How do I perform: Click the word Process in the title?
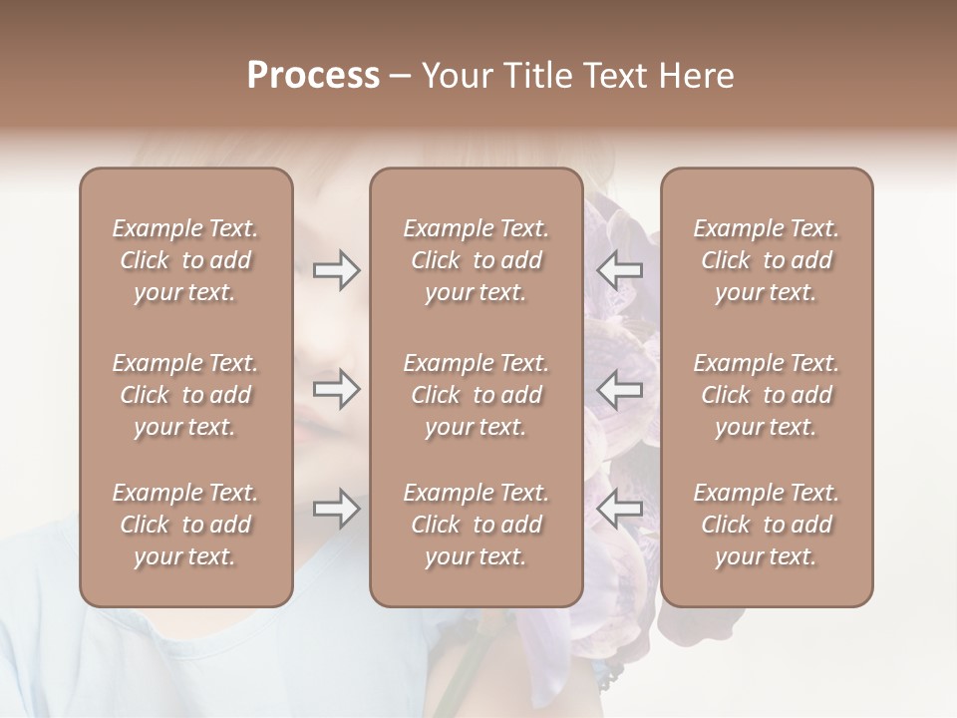coord(313,76)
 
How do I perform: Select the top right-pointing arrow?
coord(336,269)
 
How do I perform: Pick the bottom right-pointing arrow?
coord(336,509)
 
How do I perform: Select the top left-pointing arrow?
coord(620,269)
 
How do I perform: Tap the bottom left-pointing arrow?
coord(620,509)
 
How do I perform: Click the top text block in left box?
coord(185,260)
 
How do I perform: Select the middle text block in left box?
coord(185,395)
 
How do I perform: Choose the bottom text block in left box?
coord(185,525)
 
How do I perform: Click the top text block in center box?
coord(477,260)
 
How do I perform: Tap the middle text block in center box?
coord(477,395)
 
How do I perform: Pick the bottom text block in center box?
coord(477,525)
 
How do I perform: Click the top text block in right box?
coord(767,260)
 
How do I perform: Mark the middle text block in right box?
coord(767,395)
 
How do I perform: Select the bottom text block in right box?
coord(767,525)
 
